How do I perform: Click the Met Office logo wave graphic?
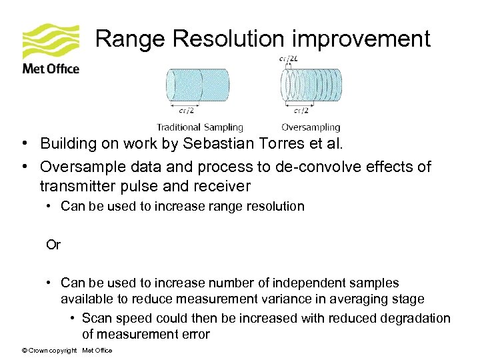click(x=51, y=41)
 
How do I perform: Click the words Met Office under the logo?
click(x=51, y=69)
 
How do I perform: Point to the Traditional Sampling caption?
click(x=200, y=127)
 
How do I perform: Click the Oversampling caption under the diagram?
click(x=311, y=127)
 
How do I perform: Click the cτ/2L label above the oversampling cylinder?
click(x=289, y=59)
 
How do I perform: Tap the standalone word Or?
click(x=53, y=245)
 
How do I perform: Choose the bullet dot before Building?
click(x=23, y=143)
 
